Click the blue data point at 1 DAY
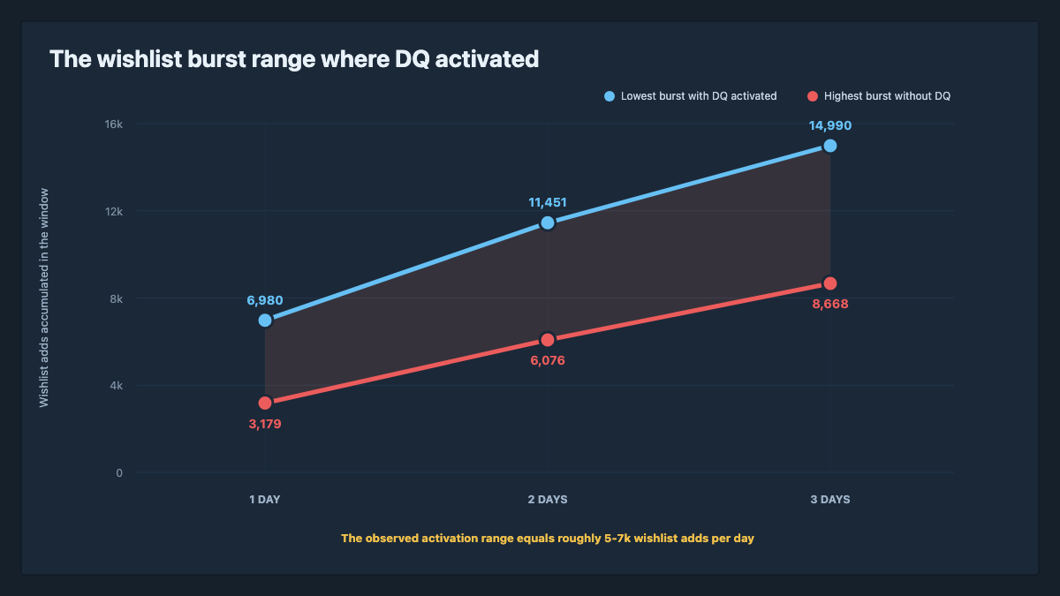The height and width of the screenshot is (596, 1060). pos(265,321)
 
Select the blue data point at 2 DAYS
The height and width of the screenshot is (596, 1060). pos(548,223)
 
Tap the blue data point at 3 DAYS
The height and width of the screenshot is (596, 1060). pos(830,146)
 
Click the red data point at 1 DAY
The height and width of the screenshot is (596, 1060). pos(265,403)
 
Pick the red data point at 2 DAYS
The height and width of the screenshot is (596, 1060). pos(548,340)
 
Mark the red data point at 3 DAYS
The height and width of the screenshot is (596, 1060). pos(830,283)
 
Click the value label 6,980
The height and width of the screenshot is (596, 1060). pos(265,300)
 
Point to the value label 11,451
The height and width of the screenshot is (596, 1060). pos(548,202)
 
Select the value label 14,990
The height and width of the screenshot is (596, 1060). pos(830,125)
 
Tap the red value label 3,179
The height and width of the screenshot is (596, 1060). pos(265,424)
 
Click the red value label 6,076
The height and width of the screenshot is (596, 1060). pos(548,360)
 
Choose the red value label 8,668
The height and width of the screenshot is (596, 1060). pos(830,304)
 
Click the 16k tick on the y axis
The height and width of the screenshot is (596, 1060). pos(114,124)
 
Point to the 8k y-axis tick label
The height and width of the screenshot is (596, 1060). pos(117,299)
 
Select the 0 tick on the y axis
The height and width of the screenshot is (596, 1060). pos(119,473)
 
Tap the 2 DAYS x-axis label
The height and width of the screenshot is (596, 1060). pos(548,500)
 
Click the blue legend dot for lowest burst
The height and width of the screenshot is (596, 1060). pos(609,96)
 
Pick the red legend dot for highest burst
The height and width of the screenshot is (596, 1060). pos(813,96)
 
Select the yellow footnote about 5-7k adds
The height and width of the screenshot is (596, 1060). pos(548,539)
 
